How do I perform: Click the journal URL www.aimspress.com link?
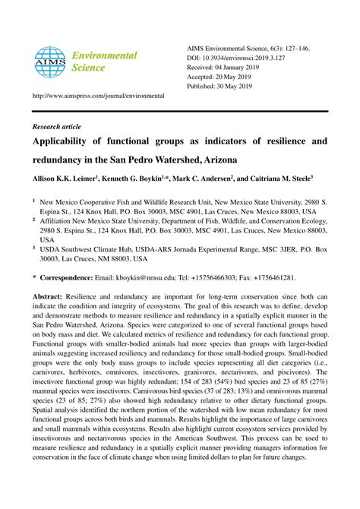click(98, 96)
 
